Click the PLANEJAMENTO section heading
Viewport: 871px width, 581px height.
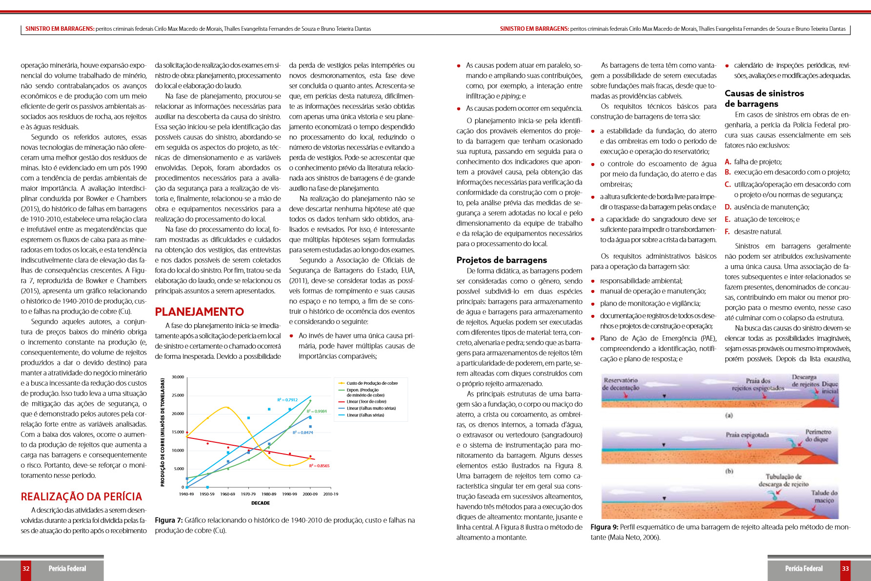pos(199,311)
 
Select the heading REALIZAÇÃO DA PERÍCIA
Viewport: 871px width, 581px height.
pos(81,497)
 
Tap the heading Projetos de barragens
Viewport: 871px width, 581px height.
pos(502,260)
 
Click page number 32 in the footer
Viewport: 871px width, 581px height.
pos(26,568)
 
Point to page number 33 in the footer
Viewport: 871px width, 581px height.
pos(845,568)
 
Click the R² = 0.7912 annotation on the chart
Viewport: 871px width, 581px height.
pos(287,400)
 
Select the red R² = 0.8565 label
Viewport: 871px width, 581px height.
pos(319,466)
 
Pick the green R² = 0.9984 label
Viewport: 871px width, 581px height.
pos(317,412)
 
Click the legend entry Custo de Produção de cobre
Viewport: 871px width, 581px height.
pos(372,383)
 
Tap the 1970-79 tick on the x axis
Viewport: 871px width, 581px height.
pos(248,494)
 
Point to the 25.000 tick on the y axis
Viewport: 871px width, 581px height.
pos(178,395)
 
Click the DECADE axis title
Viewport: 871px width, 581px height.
pos(261,503)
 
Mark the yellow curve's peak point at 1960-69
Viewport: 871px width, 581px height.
pos(227,407)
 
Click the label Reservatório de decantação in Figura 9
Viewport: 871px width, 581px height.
pos(621,384)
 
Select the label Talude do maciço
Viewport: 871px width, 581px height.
pos(824,497)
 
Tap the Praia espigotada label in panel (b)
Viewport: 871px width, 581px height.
pos(747,435)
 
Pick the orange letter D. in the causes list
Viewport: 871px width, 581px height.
pos(728,207)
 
